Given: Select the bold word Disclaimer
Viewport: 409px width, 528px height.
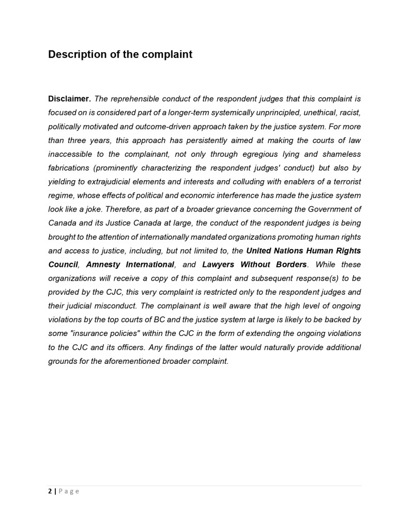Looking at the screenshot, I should coord(69,99).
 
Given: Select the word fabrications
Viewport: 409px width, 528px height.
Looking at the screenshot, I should coord(68,168).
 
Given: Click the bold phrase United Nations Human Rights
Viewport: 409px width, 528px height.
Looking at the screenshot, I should coord(304,251).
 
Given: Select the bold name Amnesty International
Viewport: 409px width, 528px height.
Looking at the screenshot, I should coord(130,264).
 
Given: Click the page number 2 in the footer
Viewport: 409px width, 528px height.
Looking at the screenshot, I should coord(50,491).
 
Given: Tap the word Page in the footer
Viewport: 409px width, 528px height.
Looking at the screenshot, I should coord(69,491).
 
